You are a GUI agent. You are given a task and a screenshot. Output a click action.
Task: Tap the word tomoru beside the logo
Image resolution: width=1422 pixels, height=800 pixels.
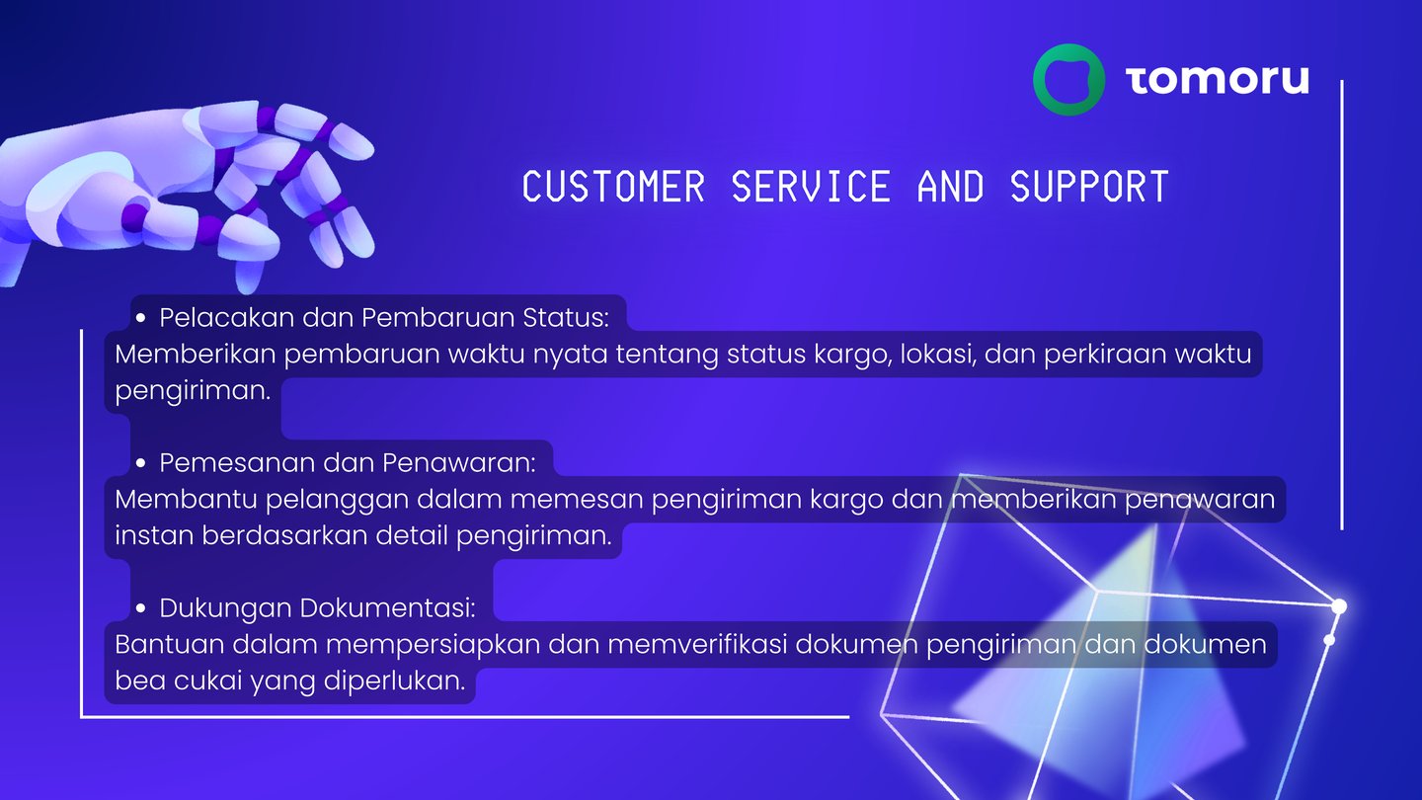point(1218,80)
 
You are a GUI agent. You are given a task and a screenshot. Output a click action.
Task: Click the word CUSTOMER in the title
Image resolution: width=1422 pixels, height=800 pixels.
point(614,187)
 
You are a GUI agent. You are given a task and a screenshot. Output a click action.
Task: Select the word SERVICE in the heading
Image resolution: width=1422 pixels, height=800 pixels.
point(811,187)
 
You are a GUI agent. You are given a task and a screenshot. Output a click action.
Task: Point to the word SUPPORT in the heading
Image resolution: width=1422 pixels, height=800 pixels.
point(1089,187)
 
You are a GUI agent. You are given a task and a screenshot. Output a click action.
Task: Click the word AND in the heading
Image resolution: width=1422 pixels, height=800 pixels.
point(950,187)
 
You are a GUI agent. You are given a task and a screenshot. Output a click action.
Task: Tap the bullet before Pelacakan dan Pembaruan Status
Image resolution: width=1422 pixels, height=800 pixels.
point(141,318)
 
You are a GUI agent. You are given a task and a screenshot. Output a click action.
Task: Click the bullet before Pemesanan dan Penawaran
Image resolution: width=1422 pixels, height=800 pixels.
point(141,463)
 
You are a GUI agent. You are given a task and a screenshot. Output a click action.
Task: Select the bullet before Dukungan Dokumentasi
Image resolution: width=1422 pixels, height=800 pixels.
point(141,608)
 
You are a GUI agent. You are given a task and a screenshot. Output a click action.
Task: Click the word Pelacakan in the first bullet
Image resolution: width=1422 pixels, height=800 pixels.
point(227,317)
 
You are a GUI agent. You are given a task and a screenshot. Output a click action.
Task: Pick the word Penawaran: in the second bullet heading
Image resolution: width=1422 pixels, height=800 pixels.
point(459,463)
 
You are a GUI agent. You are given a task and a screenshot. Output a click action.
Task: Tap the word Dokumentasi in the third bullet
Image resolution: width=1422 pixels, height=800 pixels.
point(387,608)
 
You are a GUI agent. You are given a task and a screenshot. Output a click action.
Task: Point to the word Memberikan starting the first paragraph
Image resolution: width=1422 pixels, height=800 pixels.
point(195,354)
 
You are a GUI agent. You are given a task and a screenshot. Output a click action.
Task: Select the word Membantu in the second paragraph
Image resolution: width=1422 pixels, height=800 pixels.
point(186,499)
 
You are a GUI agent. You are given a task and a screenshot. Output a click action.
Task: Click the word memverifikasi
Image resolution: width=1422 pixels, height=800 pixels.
point(697,644)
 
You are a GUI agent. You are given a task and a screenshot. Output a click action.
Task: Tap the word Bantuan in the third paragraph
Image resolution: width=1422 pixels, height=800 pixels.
point(169,644)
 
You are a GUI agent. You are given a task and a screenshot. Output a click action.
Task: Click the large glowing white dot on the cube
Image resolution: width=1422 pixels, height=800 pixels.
point(1339,607)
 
